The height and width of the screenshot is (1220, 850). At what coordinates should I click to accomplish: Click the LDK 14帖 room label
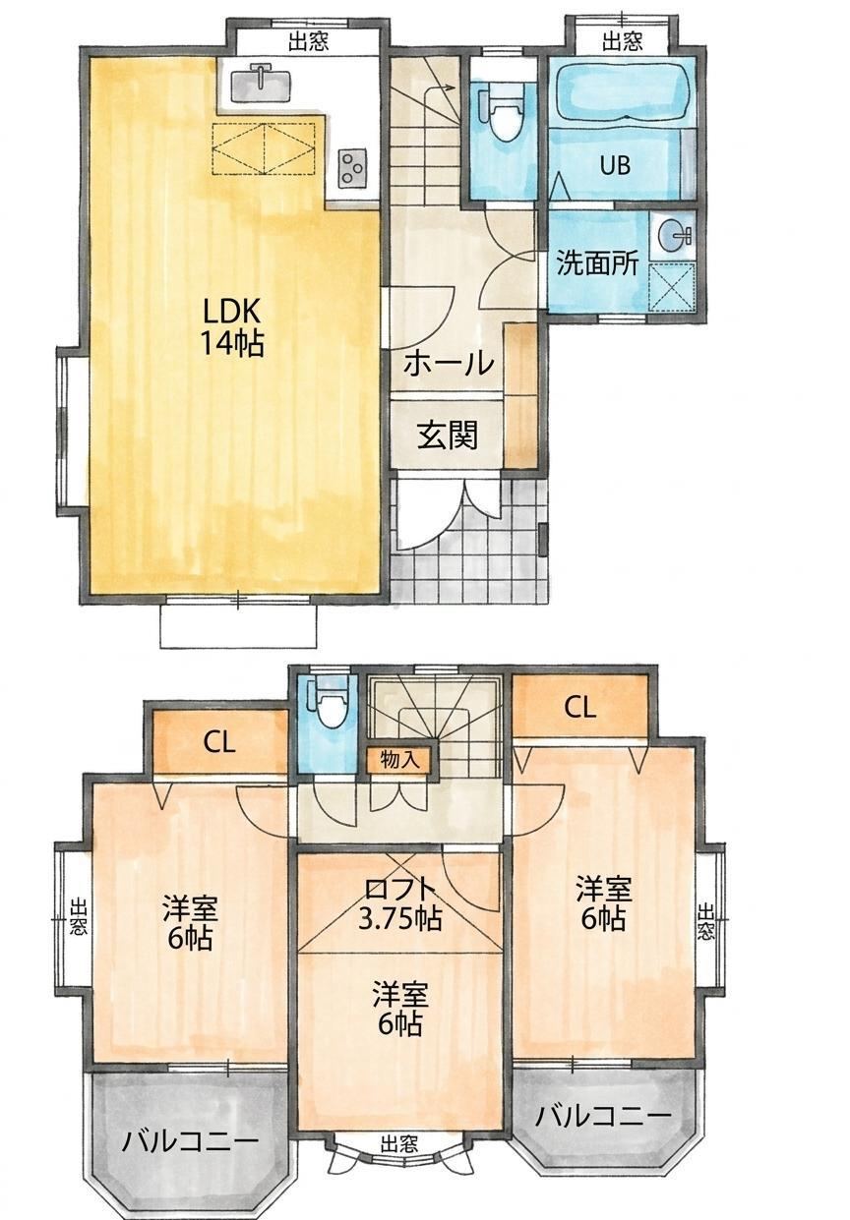(232, 328)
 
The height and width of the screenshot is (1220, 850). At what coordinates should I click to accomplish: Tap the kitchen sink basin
(261, 85)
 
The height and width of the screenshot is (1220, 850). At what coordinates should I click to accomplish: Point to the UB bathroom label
(615, 164)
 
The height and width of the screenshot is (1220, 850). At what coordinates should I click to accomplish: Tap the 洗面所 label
(596, 264)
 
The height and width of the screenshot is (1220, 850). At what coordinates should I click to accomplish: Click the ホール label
(448, 364)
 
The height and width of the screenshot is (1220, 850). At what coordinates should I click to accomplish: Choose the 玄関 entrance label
(448, 436)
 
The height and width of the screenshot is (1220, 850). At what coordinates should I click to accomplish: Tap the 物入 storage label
(400, 760)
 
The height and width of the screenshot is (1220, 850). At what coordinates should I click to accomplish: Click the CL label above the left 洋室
(219, 742)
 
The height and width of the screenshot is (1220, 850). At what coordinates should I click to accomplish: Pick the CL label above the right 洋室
(579, 708)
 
